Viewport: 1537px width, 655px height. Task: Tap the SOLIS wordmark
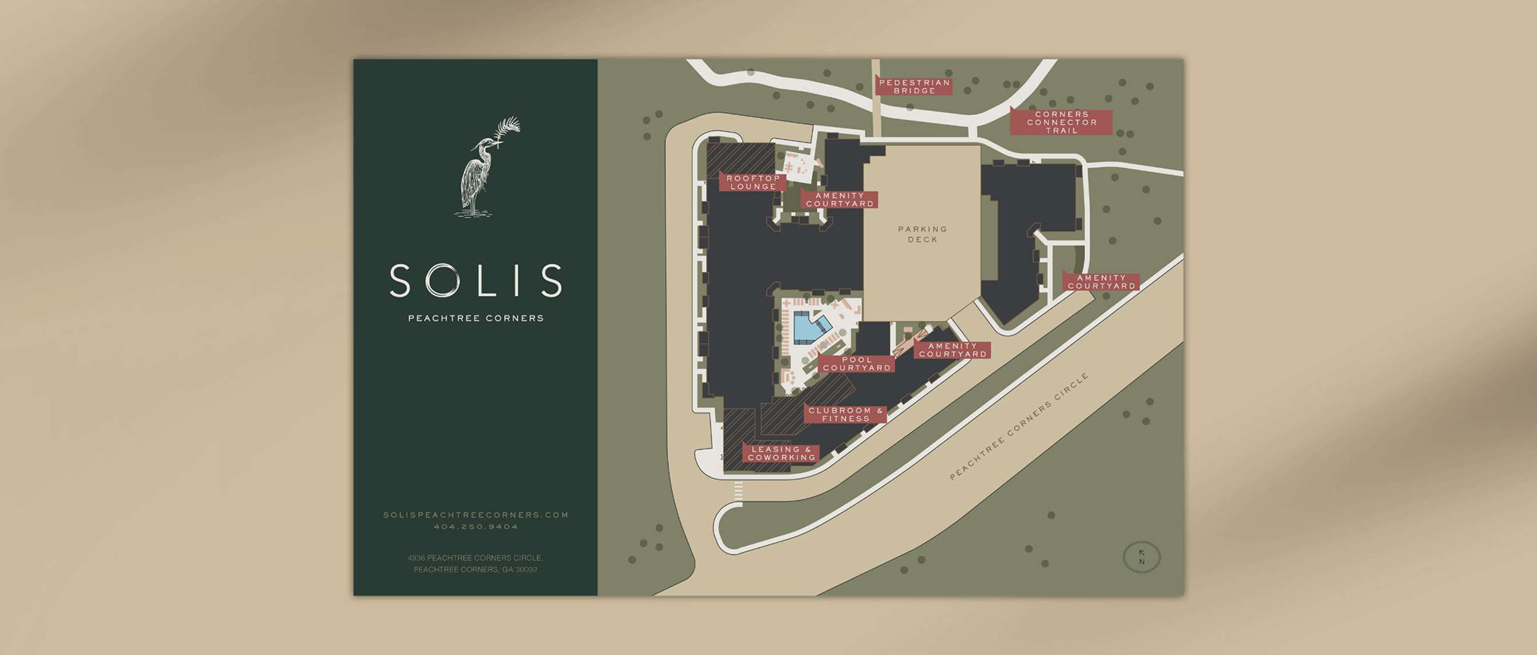(x=475, y=281)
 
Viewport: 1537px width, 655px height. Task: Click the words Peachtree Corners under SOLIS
(x=475, y=318)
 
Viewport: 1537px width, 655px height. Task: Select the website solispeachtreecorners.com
(x=475, y=515)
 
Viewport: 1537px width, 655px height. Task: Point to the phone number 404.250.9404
(x=475, y=527)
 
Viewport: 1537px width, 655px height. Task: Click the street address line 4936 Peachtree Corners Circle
(x=475, y=558)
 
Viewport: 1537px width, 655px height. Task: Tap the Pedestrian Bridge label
(x=914, y=87)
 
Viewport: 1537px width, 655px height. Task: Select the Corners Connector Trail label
(x=1061, y=122)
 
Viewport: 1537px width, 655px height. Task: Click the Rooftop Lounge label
(x=753, y=182)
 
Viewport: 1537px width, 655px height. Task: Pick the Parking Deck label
(x=922, y=234)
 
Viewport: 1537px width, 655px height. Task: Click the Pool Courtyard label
(x=857, y=364)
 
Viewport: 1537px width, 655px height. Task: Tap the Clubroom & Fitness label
(x=845, y=414)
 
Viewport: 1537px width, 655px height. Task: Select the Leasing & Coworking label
(x=781, y=453)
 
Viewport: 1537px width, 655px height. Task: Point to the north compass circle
(x=1141, y=558)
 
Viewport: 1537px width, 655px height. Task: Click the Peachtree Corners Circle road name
(x=1019, y=427)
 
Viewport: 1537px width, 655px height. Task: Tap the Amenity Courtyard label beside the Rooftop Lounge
(x=840, y=200)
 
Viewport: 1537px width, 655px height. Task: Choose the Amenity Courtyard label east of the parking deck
(x=1101, y=282)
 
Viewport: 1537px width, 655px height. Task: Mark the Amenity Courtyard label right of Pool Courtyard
(x=952, y=350)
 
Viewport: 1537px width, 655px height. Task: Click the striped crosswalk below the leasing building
(x=738, y=492)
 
